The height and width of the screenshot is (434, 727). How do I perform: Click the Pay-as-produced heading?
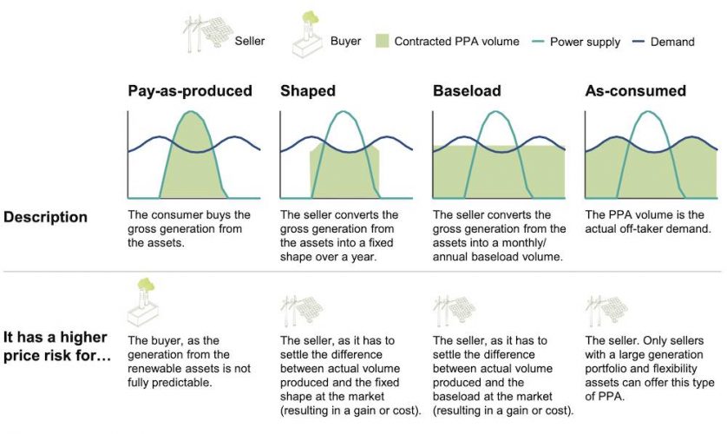(190, 91)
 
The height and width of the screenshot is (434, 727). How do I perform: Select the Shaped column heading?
(307, 91)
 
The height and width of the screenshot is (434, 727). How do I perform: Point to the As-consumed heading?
(635, 91)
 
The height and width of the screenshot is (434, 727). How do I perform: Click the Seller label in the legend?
(251, 41)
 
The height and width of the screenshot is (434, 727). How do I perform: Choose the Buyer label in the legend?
(345, 41)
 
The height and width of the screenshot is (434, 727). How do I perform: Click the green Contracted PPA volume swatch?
(382, 41)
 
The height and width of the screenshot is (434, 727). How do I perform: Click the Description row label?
(46, 217)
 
